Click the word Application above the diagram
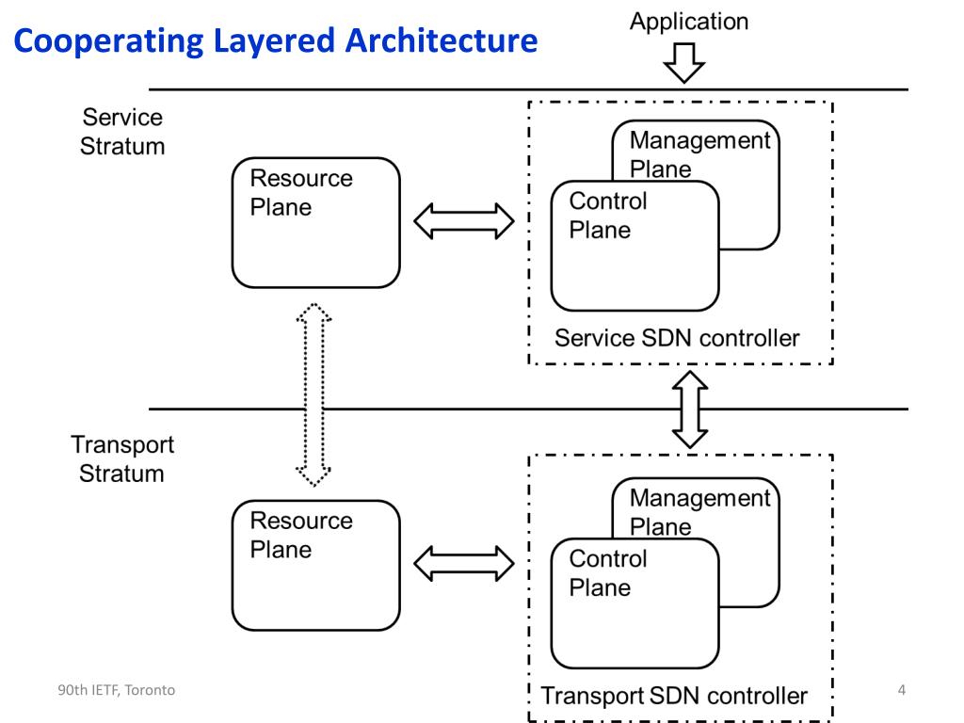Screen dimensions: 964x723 click(688, 23)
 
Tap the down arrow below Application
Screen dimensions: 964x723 click(684, 63)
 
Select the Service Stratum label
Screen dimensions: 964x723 click(122, 132)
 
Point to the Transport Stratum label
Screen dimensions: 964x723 click(122, 459)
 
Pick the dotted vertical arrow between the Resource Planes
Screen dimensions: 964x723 click(313, 394)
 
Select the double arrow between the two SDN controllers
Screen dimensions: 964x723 click(690, 410)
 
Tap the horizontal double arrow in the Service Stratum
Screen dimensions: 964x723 click(464, 221)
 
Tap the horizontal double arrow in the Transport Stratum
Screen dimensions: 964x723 click(464, 564)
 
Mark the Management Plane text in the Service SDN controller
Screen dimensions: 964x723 click(699, 154)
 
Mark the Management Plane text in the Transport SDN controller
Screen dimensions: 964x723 click(699, 512)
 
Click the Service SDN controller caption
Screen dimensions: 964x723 click(677, 338)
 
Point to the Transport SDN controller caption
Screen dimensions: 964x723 click(674, 696)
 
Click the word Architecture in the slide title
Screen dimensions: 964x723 click(442, 40)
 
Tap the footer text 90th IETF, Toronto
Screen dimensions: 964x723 click(116, 690)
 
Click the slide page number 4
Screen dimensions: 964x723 click(902, 690)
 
